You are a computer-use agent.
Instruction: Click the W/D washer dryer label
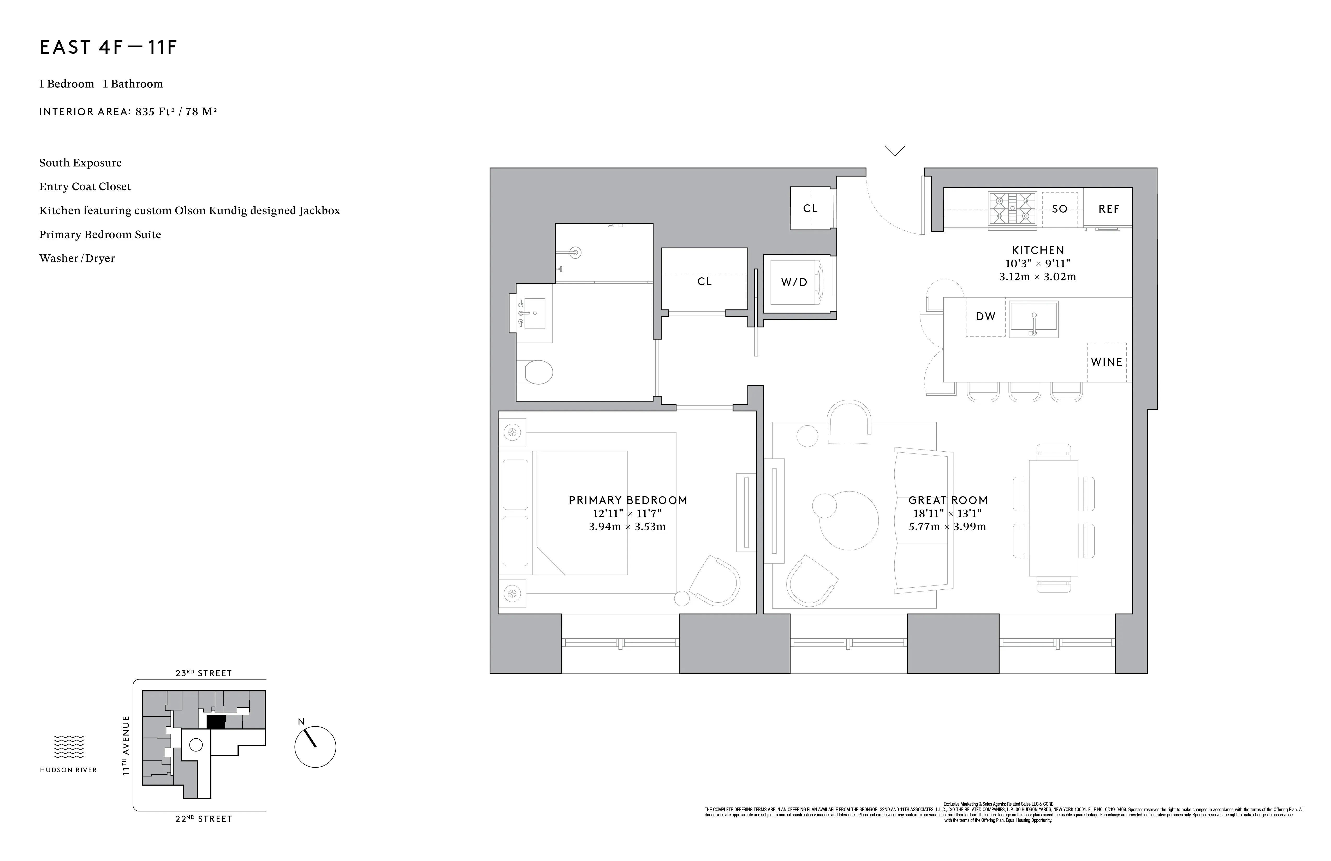(794, 282)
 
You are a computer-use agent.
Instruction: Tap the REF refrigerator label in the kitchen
(1108, 209)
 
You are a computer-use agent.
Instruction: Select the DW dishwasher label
(985, 316)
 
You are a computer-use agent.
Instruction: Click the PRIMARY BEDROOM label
(627, 500)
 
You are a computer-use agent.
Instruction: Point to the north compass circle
(315, 747)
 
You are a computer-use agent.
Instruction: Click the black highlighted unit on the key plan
(216, 722)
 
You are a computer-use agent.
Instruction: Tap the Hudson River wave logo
(69, 747)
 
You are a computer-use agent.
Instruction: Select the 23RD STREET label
(204, 673)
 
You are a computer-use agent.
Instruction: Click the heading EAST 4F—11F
(109, 47)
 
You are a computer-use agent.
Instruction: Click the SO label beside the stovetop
(1059, 209)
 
